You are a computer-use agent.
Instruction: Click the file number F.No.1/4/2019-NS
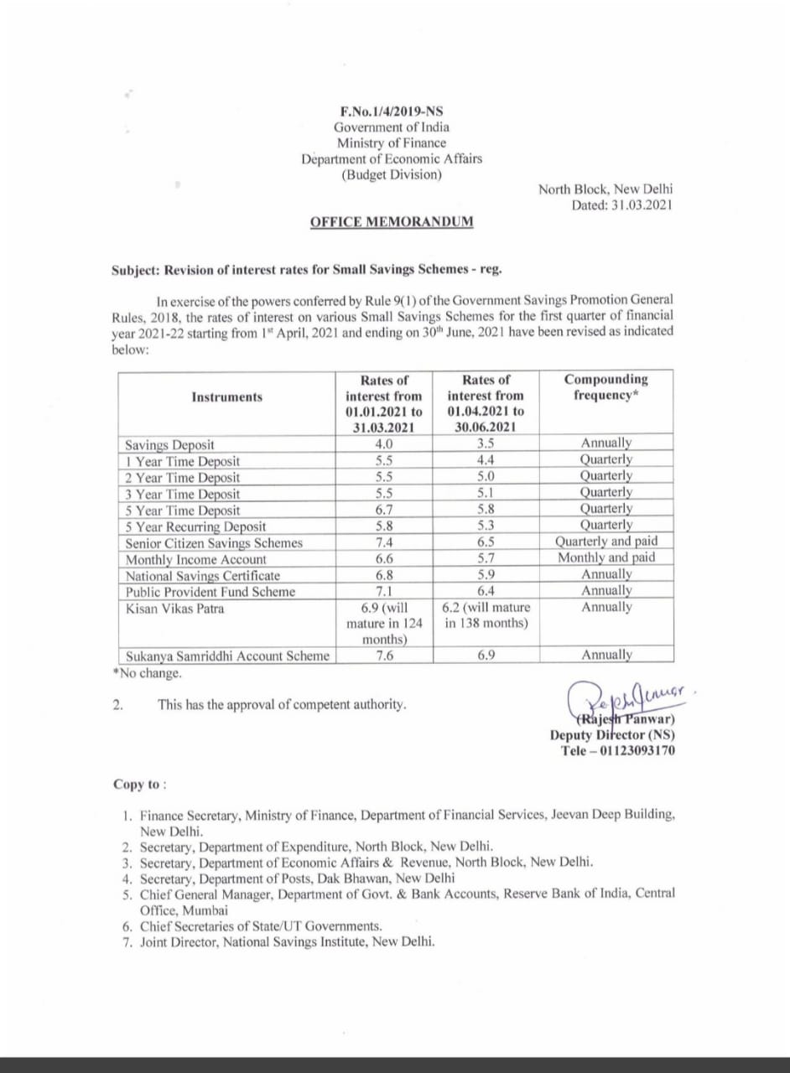point(392,111)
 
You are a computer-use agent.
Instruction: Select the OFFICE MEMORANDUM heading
point(391,222)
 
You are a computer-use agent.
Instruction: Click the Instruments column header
point(226,397)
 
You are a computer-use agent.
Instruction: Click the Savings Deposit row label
point(169,445)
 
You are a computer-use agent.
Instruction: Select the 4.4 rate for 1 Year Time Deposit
point(486,461)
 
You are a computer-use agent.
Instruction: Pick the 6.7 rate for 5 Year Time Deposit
point(384,510)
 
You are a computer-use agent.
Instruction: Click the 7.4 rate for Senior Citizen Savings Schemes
point(384,542)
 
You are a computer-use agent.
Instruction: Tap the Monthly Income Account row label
point(196,559)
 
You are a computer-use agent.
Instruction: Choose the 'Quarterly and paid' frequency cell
point(606,542)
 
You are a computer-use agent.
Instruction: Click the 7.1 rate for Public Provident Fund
point(384,592)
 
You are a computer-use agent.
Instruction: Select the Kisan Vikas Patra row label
point(174,609)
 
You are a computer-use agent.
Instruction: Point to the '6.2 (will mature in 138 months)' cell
point(486,616)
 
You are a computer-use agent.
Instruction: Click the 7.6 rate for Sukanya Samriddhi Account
point(384,656)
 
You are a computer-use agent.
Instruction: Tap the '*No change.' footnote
point(146,672)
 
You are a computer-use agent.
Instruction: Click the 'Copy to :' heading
point(139,785)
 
